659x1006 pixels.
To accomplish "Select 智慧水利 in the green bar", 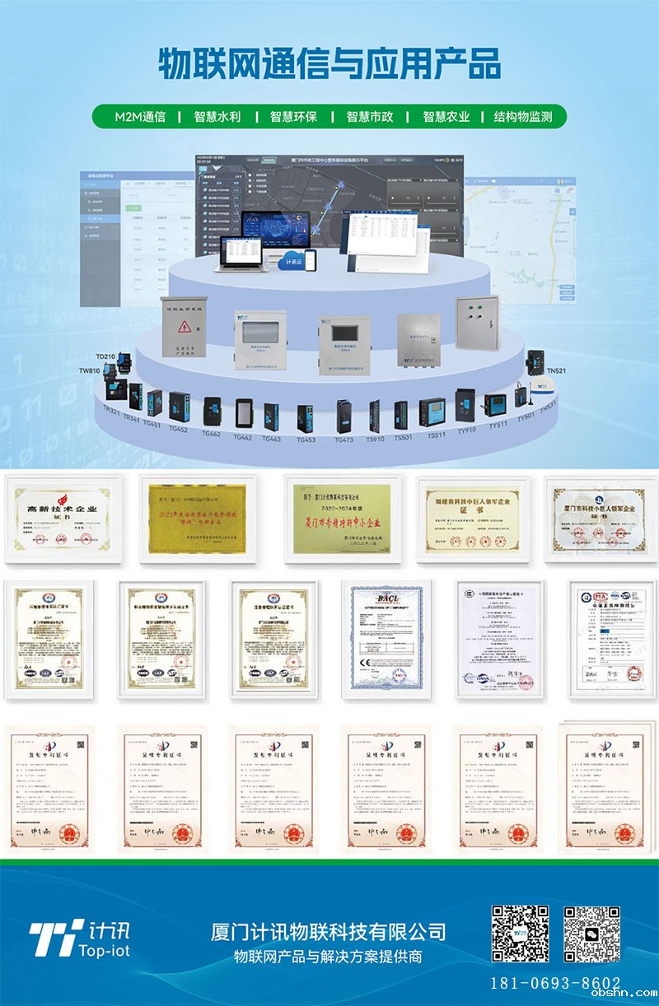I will pyautogui.click(x=217, y=116).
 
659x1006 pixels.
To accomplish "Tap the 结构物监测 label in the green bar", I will pyautogui.click(x=522, y=116).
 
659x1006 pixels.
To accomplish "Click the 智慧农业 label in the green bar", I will pyautogui.click(x=446, y=116).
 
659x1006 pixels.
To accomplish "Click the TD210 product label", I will pyautogui.click(x=105, y=356).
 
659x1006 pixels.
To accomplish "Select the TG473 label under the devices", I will pyautogui.click(x=344, y=440).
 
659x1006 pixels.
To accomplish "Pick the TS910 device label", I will pyautogui.click(x=375, y=439).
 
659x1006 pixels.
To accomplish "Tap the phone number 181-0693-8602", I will pyautogui.click(x=555, y=983).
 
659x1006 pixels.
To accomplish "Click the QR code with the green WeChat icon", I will pyautogui.click(x=591, y=934).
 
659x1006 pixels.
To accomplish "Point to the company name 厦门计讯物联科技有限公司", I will pyautogui.click(x=328, y=931).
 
